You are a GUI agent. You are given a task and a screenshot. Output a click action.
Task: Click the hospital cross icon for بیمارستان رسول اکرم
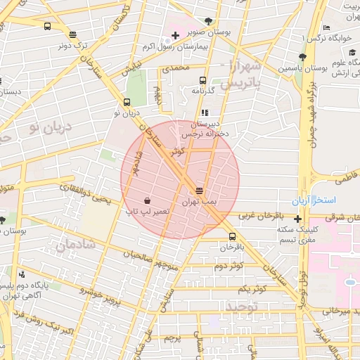175,35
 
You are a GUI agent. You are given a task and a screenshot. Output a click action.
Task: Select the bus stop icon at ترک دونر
73,34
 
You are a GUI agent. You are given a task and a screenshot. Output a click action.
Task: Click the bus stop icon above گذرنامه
202,80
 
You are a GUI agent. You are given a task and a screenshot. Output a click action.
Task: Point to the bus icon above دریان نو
127,102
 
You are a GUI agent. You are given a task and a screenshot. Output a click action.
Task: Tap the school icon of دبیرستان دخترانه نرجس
205,112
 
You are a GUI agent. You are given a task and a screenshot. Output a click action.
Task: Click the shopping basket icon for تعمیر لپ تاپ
146,200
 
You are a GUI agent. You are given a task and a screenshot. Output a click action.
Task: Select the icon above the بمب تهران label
200,191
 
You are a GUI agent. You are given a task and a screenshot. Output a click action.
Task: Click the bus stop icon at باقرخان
232,236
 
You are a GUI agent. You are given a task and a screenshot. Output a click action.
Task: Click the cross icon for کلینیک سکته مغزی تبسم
297,218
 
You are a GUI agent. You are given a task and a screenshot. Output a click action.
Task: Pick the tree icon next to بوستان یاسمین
302,58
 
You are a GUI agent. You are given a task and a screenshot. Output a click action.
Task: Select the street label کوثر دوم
228,266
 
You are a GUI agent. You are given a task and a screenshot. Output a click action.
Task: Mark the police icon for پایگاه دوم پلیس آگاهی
23,274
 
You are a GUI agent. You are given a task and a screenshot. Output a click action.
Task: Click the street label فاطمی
346,180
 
